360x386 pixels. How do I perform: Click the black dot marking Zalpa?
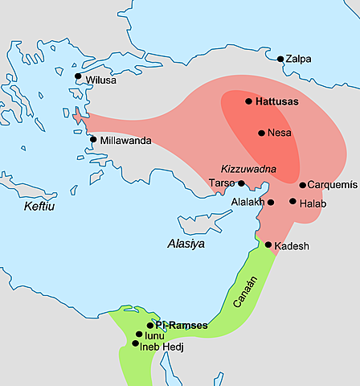(280, 59)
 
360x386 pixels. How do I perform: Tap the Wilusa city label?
(102, 81)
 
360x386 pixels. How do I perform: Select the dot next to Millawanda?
(93, 139)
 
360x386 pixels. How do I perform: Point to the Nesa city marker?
(261, 133)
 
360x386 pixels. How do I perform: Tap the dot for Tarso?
(241, 183)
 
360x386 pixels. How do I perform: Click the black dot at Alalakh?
(271, 202)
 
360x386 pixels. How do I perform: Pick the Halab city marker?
(293, 201)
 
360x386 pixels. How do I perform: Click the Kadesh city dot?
(268, 244)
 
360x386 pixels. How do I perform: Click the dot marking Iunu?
(139, 335)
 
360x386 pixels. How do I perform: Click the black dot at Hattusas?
(249, 101)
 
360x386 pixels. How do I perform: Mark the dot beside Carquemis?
(302, 185)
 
